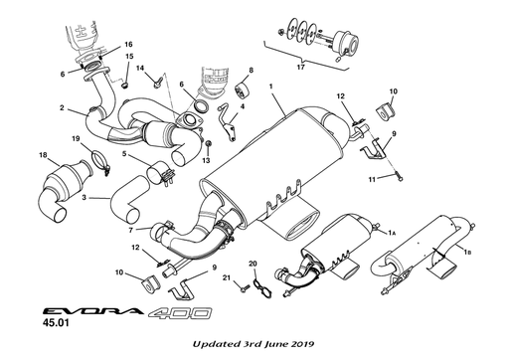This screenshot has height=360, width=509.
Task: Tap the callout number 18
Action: (43, 155)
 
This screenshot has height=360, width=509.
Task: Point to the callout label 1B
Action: (468, 255)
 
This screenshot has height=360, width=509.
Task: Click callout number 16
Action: (128, 46)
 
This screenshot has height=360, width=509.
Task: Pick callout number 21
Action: (227, 277)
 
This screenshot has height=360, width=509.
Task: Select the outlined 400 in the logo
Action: (180, 312)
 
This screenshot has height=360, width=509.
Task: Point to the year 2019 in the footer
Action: (300, 343)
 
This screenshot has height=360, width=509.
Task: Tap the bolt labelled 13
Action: (206, 144)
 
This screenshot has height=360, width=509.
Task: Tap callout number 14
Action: (141, 68)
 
